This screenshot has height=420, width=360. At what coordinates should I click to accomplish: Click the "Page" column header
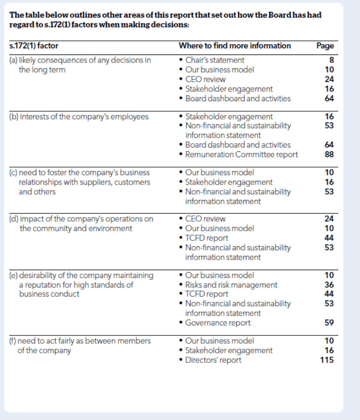click(x=325, y=46)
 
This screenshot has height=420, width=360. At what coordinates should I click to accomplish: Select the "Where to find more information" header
click(x=235, y=46)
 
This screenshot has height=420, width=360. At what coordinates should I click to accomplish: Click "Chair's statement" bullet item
click(x=215, y=60)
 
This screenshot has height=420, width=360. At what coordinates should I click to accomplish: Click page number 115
click(x=327, y=360)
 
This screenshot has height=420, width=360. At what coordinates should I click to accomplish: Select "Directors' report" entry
click(x=213, y=360)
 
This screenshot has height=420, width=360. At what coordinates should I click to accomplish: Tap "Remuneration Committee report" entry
click(x=241, y=154)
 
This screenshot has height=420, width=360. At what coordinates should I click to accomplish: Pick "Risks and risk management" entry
click(x=231, y=285)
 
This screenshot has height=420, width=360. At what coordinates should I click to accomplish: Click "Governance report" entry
click(x=218, y=322)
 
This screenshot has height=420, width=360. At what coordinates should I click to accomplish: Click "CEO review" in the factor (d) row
click(x=206, y=219)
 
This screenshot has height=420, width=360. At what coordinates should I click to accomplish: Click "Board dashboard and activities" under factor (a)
click(x=238, y=98)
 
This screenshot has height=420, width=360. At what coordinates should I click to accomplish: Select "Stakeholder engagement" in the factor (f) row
click(x=229, y=350)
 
